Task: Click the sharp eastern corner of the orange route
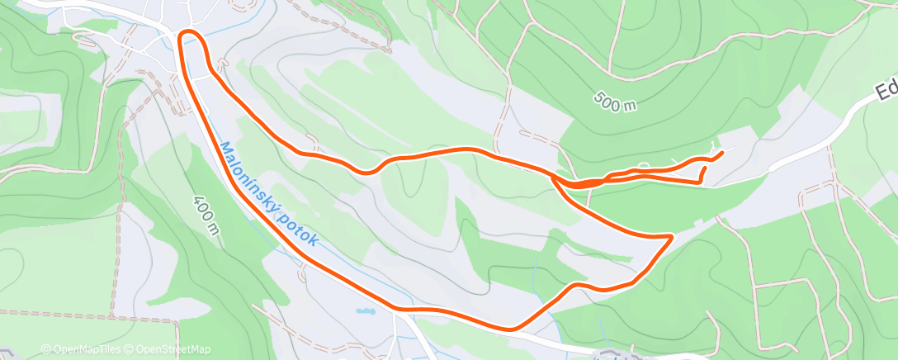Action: click(670, 237)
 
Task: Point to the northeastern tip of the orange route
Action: click(722, 152)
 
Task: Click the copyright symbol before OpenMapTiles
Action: click(45, 349)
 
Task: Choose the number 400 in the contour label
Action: click(204, 209)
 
